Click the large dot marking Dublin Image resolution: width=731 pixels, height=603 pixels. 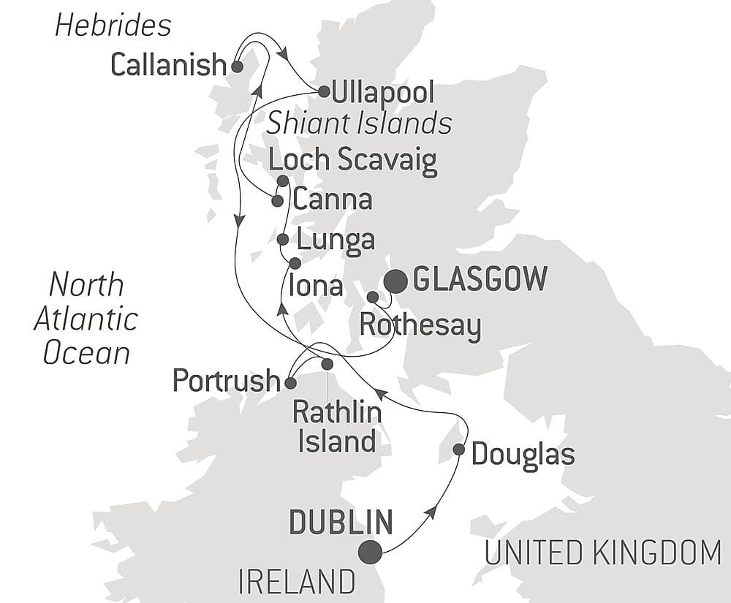click(x=371, y=553)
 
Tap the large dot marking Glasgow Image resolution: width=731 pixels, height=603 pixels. click(x=396, y=281)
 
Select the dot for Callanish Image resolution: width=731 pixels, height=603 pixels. click(x=237, y=67)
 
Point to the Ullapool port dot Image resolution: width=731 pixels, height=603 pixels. click(x=323, y=91)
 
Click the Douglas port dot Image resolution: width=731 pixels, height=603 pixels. click(x=458, y=450)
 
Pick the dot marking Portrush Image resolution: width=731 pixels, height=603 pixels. click(x=290, y=382)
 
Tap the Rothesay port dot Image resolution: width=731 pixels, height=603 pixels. click(x=372, y=297)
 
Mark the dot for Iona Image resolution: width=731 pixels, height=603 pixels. click(x=295, y=263)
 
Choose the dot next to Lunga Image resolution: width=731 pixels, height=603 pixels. click(x=283, y=239)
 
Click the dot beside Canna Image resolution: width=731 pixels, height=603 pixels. click(x=277, y=200)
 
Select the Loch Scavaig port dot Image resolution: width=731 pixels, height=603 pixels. click(x=283, y=181)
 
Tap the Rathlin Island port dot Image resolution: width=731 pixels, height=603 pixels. click(x=327, y=364)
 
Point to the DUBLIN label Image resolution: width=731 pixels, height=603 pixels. click(x=341, y=523)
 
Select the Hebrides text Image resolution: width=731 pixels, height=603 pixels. click(x=113, y=26)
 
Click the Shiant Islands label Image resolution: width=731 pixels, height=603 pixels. click(x=358, y=123)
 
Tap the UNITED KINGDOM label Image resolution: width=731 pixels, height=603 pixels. click(x=603, y=553)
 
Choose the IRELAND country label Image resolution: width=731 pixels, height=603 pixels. click(x=296, y=583)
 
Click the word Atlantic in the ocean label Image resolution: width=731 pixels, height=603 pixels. click(x=86, y=319)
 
